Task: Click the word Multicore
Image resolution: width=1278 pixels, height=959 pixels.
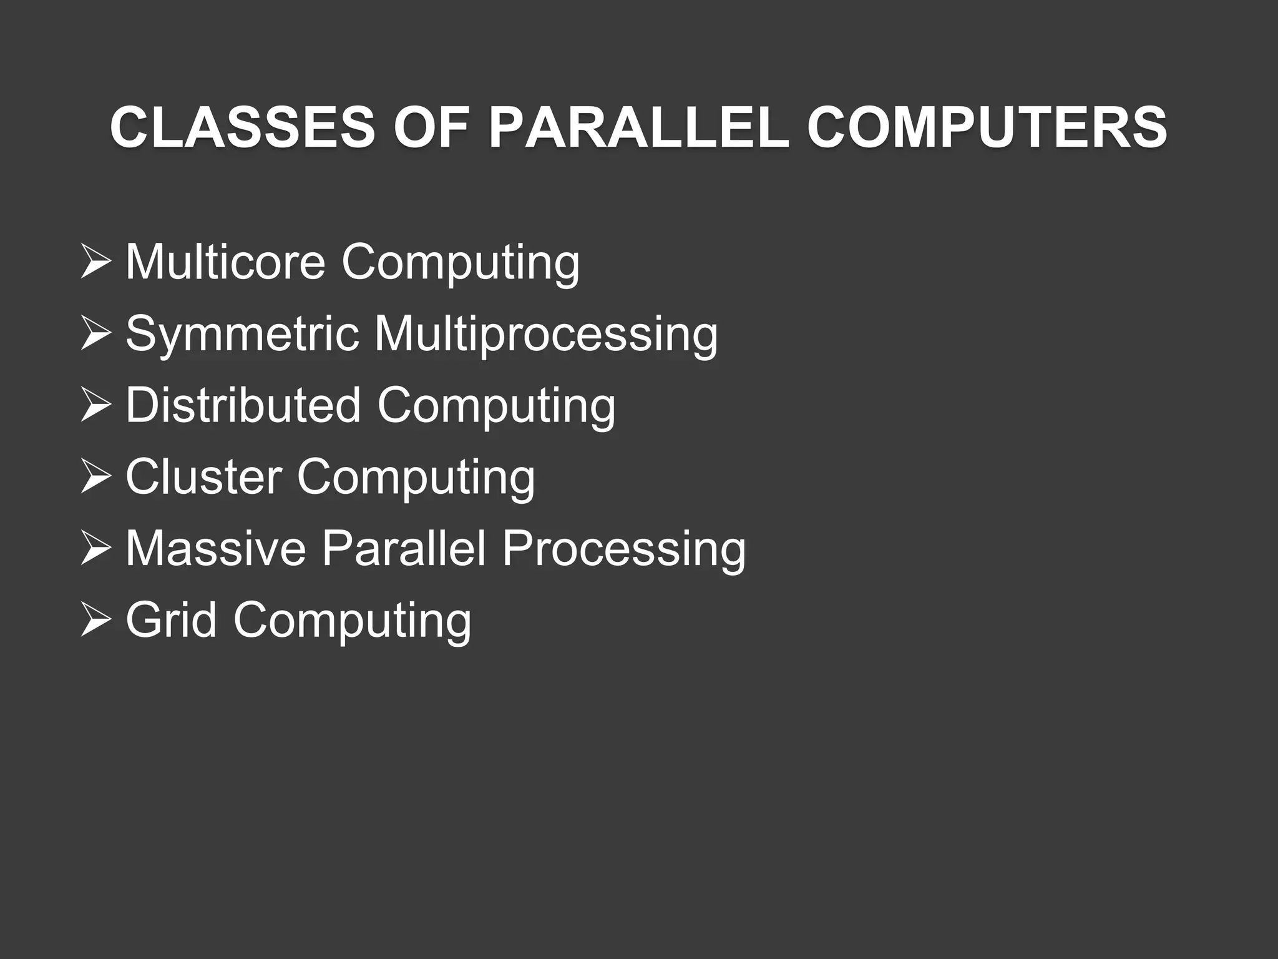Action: pyautogui.click(x=225, y=262)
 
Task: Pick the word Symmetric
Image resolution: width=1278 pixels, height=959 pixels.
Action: pyautogui.click(x=242, y=333)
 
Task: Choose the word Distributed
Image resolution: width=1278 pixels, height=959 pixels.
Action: pyautogui.click(x=243, y=405)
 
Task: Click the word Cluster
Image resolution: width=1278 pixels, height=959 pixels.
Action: pyautogui.click(x=203, y=477)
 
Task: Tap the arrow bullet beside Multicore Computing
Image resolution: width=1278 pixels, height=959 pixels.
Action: pyautogui.click(x=96, y=263)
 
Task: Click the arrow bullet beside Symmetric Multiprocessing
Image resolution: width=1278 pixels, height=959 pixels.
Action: pyautogui.click(x=96, y=335)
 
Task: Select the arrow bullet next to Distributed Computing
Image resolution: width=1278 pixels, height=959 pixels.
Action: pyautogui.click(x=96, y=406)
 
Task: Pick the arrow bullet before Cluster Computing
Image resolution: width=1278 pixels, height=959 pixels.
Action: pyautogui.click(x=96, y=478)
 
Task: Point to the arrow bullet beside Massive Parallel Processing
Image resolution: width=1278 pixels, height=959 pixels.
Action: pyautogui.click(x=96, y=549)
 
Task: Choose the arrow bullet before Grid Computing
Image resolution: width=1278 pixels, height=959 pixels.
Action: pyautogui.click(x=96, y=621)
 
